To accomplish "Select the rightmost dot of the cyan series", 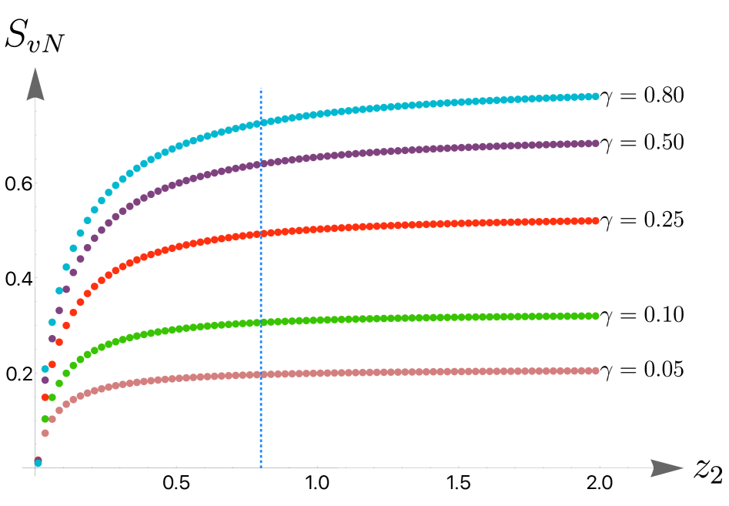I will (595, 96).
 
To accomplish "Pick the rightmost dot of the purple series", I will (595, 143).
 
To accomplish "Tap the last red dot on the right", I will (595, 221).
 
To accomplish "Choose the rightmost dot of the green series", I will (595, 316).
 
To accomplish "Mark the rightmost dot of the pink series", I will (595, 370).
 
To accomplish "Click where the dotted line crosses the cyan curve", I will (261, 122).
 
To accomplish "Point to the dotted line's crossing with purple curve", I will (261, 163).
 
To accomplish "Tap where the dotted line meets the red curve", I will (261, 233).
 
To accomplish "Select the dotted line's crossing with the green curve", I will (261, 322).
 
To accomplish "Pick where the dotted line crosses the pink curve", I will (261, 374).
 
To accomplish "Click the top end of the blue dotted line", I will (261, 89).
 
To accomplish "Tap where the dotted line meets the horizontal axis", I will (261, 467).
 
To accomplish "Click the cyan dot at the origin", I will (38, 463).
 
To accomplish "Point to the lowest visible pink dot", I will (45, 433).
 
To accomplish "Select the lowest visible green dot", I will (45, 419).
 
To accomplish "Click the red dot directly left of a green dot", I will (45, 397).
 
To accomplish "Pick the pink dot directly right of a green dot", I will (52, 419).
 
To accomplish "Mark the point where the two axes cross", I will (35, 467).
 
